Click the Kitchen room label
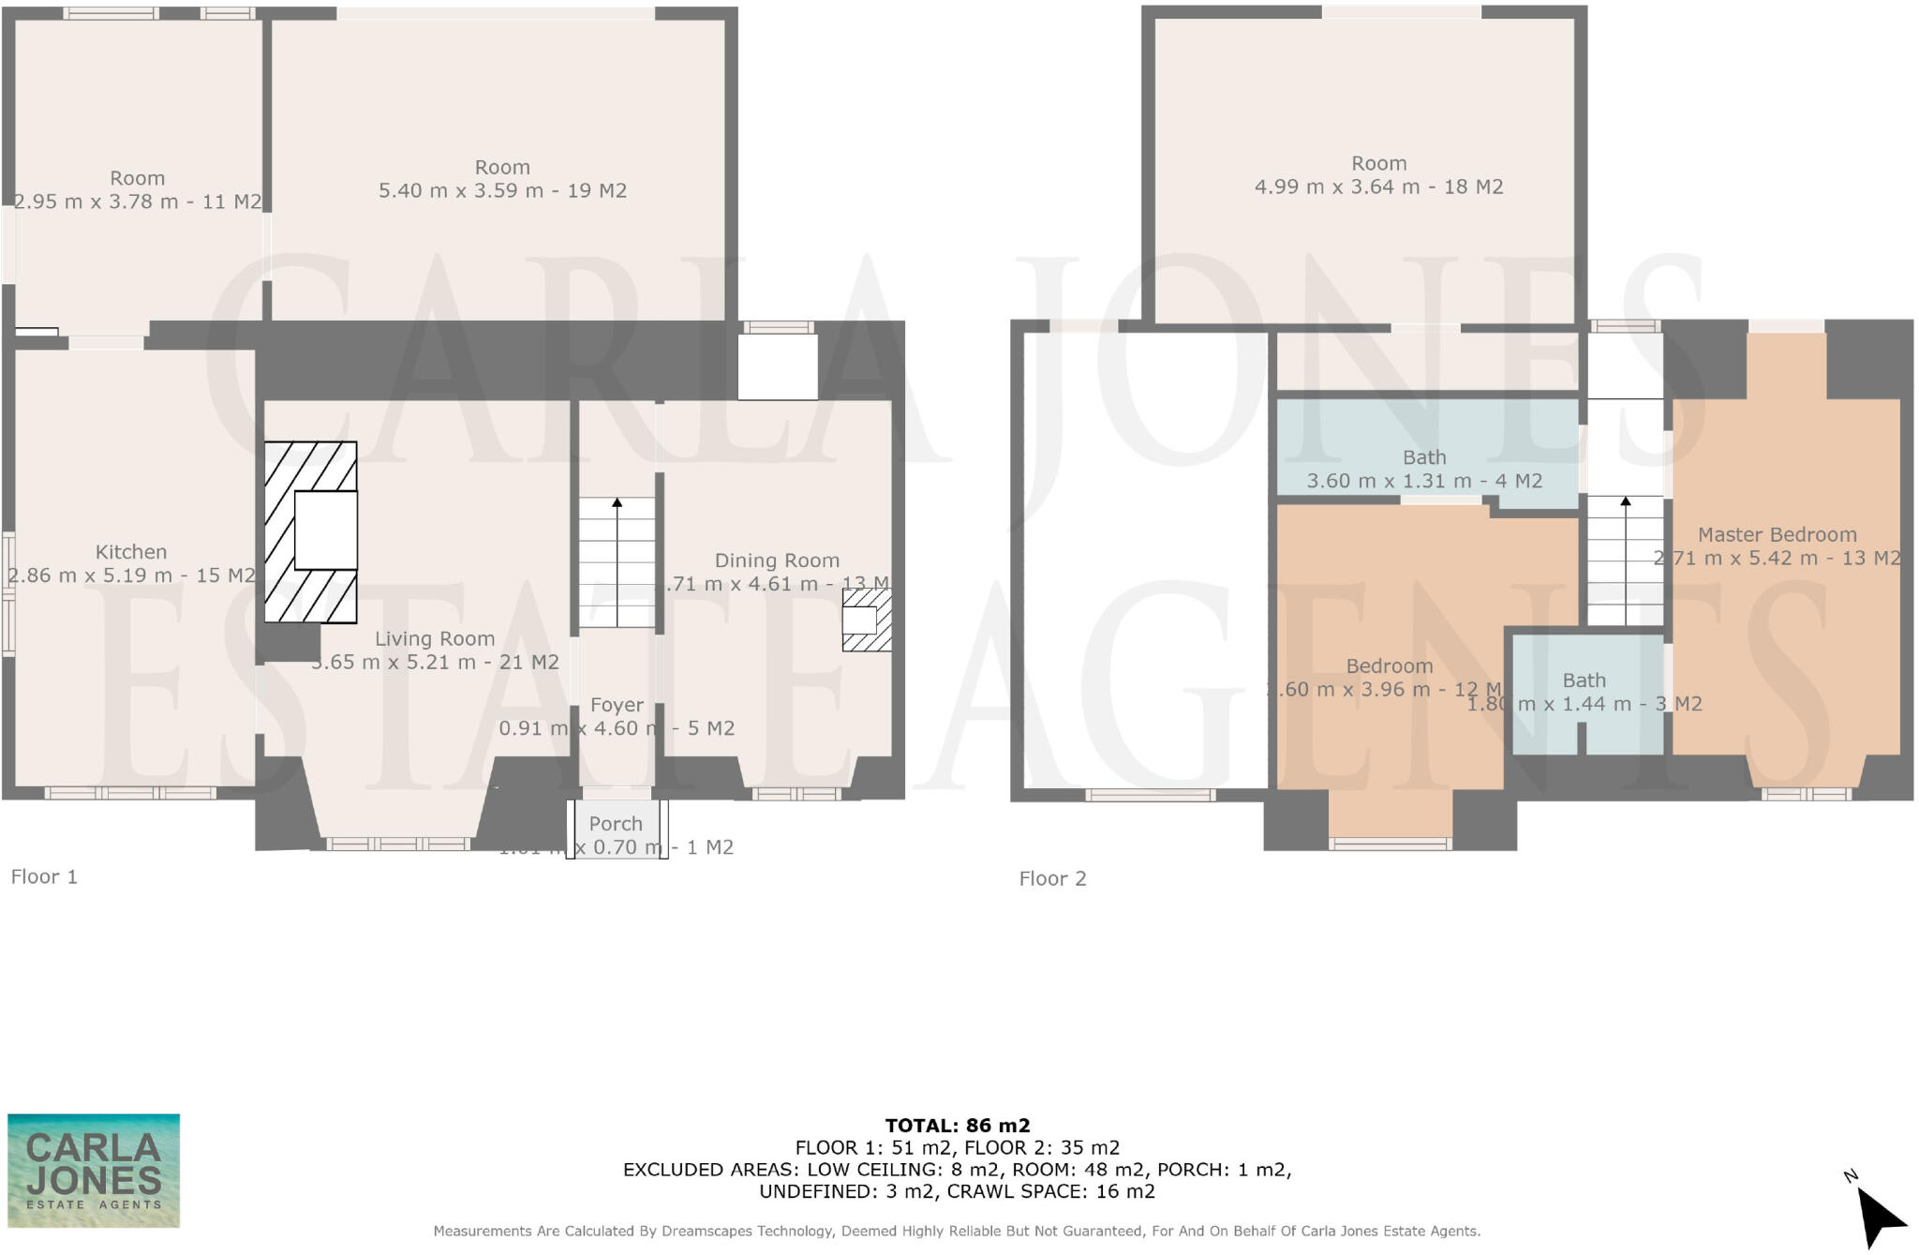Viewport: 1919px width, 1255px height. click(131, 552)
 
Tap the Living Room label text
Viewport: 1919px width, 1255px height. click(435, 638)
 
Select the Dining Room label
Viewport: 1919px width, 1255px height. click(777, 560)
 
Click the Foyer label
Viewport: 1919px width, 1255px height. click(617, 705)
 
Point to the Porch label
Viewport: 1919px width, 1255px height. click(616, 824)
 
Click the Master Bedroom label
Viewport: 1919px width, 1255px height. click(1777, 535)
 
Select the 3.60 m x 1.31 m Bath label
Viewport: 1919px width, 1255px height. click(1424, 458)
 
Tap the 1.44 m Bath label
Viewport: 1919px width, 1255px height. click(1584, 680)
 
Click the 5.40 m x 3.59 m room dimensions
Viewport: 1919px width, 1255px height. click(502, 191)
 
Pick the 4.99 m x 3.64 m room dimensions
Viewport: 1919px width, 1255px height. click(1378, 187)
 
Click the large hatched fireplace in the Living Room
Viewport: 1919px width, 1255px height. click(310, 531)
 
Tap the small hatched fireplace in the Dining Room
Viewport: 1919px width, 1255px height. click(866, 620)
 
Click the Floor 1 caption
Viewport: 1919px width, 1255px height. click(44, 877)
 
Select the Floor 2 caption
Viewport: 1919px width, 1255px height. click(1052, 879)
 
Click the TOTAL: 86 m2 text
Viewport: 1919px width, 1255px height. click(958, 1126)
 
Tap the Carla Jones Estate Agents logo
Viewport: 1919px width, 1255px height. click(94, 1171)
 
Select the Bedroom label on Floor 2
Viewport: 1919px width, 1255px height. click(1389, 666)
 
